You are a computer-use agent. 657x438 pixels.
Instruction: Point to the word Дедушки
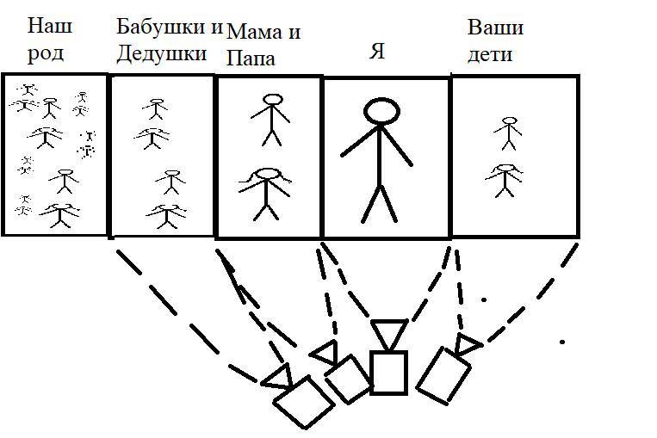click(x=162, y=53)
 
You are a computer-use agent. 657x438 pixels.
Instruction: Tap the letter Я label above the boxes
click(x=376, y=52)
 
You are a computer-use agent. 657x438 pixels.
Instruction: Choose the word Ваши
click(x=495, y=27)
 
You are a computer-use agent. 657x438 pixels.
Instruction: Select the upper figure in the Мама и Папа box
click(x=272, y=118)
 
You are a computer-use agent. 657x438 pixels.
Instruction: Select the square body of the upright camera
click(x=387, y=372)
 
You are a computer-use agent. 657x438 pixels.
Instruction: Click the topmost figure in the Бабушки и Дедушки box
click(x=156, y=108)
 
